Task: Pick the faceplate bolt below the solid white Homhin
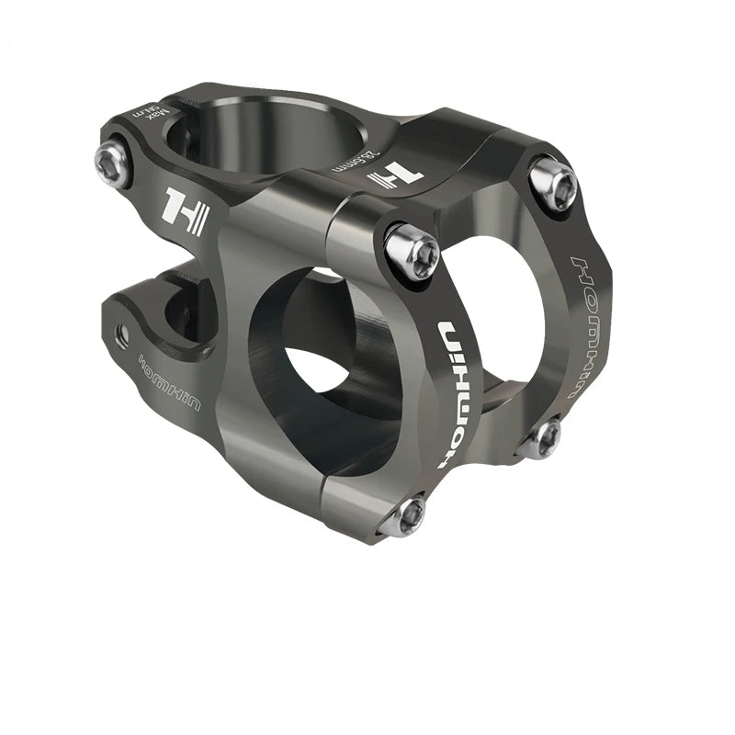[404, 516]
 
